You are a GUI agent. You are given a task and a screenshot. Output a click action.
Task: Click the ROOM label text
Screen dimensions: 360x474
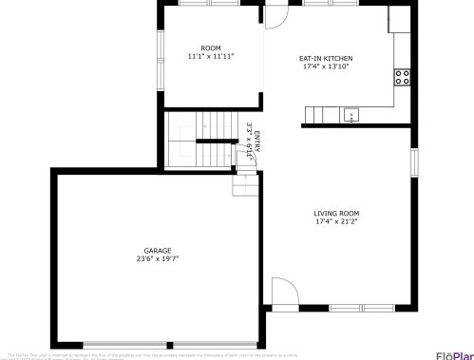(x=210, y=47)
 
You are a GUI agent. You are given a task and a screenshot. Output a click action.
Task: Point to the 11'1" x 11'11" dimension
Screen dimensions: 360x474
(x=210, y=56)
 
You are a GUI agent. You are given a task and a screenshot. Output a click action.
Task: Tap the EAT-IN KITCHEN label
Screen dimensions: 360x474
(x=326, y=58)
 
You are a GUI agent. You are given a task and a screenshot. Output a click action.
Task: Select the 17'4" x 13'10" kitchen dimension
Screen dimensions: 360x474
(x=326, y=66)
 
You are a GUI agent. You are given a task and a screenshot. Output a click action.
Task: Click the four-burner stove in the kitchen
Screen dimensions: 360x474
(x=403, y=75)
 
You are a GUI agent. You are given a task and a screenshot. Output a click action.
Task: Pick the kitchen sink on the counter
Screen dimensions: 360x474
(x=351, y=115)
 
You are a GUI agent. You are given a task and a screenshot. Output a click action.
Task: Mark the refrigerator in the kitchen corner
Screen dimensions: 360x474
(x=399, y=20)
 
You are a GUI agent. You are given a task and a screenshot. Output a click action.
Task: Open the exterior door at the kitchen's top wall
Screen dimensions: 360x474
(x=275, y=15)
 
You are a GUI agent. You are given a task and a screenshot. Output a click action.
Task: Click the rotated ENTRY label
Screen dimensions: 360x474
(x=256, y=142)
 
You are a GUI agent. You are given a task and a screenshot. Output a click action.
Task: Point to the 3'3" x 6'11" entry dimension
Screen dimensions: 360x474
(x=249, y=142)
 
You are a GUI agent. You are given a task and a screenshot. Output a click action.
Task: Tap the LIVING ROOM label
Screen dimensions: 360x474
(x=336, y=214)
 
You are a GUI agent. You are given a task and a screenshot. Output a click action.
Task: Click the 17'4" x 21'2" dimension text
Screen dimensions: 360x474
(x=336, y=222)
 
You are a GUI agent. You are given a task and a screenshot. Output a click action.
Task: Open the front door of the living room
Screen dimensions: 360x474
(x=283, y=294)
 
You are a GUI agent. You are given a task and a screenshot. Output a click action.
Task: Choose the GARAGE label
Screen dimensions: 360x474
(x=158, y=251)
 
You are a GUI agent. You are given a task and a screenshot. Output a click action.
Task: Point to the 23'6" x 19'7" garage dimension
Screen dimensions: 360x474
(x=158, y=258)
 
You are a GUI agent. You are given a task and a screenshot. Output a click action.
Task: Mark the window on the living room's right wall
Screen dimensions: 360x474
(x=414, y=161)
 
